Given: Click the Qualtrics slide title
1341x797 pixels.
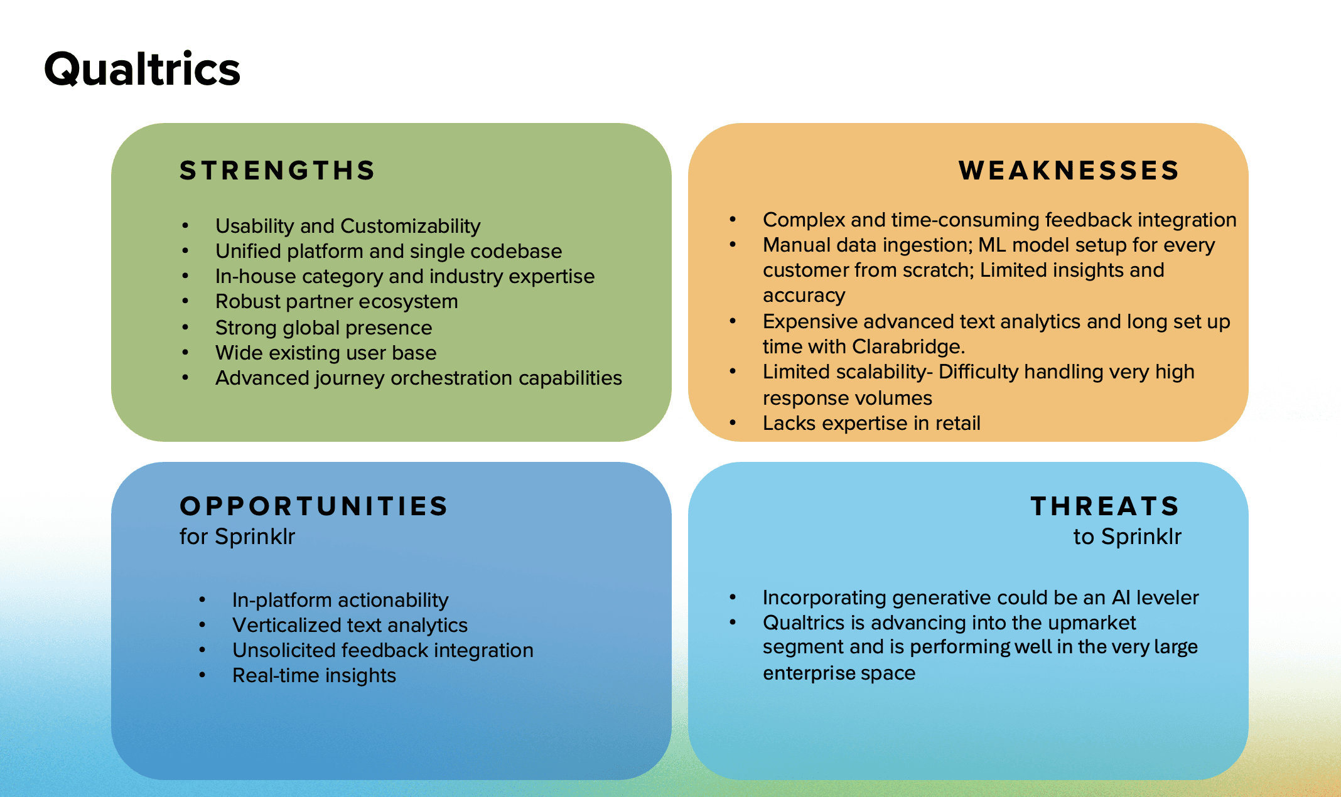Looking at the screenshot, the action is (142, 69).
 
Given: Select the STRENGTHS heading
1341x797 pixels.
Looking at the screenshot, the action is (277, 171).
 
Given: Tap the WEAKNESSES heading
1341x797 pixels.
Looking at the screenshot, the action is (1069, 171).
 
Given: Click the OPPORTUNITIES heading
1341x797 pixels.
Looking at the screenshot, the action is (314, 506).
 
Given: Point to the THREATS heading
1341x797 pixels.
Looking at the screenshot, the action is (1105, 506).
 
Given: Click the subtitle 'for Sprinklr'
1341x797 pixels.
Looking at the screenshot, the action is (237, 537).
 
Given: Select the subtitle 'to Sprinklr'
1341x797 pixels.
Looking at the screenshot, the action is (1127, 537).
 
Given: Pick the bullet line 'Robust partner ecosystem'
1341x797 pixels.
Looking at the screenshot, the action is (337, 302).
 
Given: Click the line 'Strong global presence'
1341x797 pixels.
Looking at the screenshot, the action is (323, 328).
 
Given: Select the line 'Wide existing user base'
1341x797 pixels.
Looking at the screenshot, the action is (325, 353).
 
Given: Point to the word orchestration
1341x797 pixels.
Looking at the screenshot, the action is (451, 378).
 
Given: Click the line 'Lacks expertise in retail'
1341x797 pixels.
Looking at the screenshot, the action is (871, 424).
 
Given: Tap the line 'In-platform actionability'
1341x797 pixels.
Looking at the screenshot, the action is (340, 601).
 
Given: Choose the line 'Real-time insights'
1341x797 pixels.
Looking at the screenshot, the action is (314, 676).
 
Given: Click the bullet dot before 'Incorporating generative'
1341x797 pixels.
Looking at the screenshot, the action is (733, 597).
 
